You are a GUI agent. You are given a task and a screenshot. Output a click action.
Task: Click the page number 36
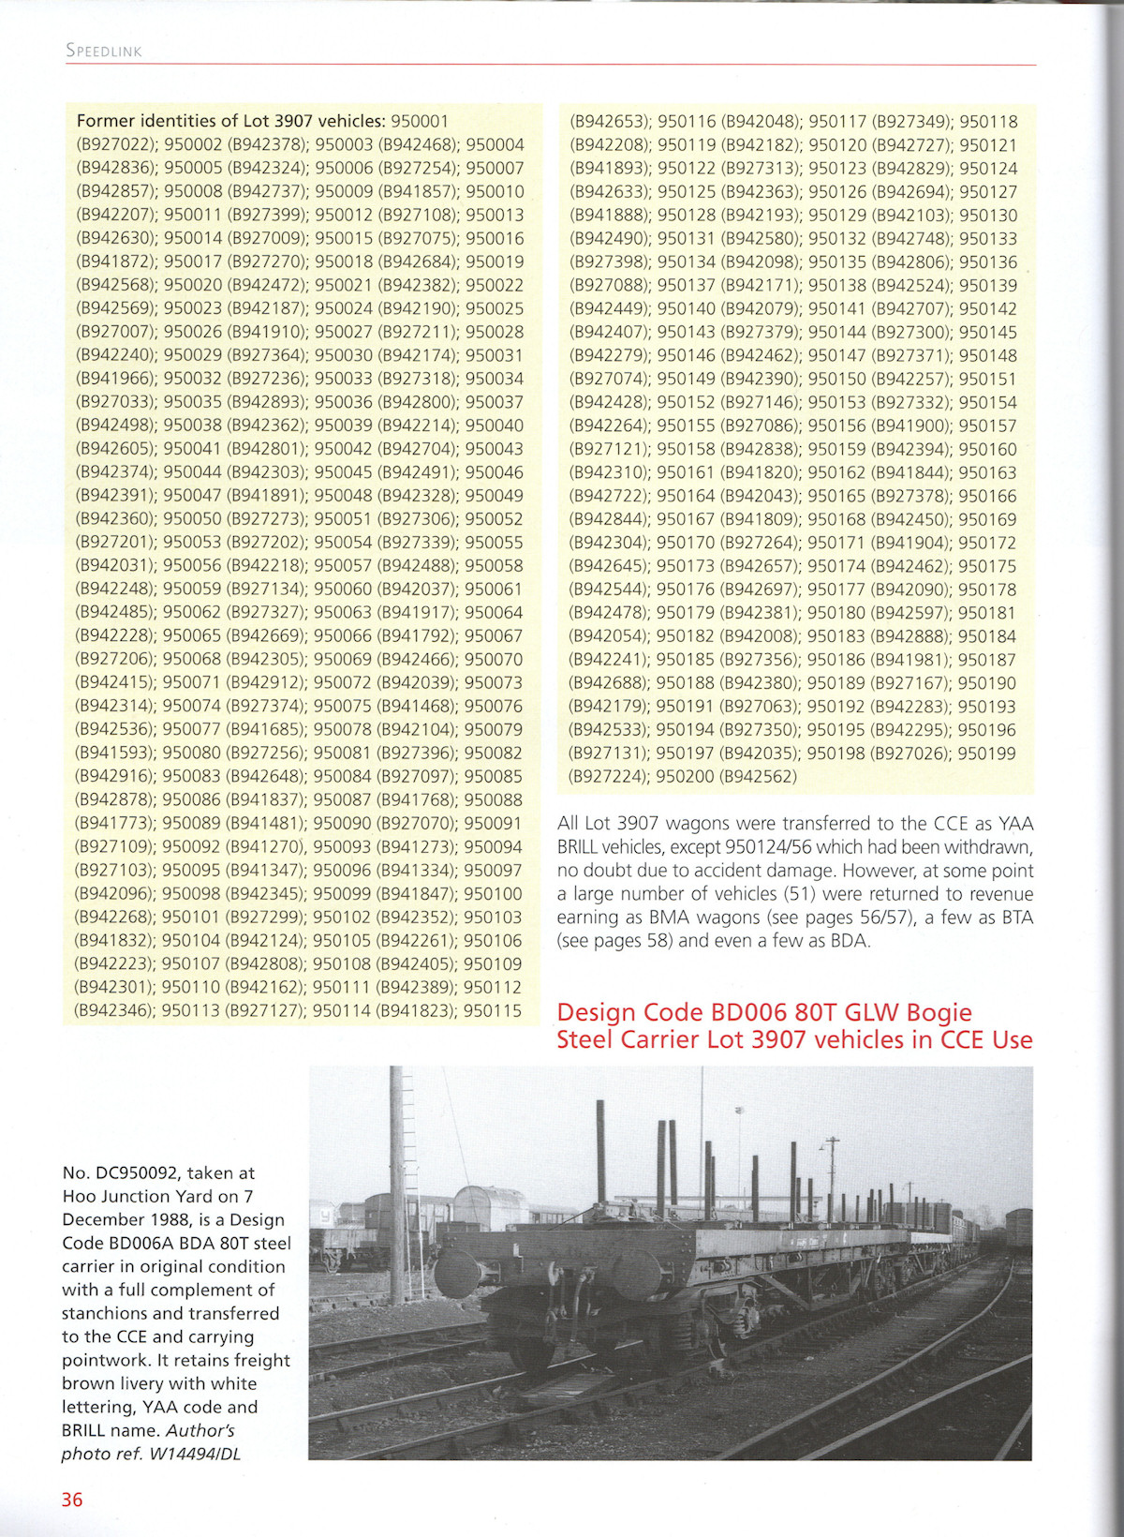click(72, 1500)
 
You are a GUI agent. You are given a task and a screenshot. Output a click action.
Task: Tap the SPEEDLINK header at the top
click(104, 51)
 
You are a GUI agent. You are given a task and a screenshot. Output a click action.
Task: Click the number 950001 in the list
click(420, 121)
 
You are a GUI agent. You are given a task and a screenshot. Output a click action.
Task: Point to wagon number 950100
click(493, 894)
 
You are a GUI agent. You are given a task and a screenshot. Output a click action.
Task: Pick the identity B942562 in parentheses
click(761, 777)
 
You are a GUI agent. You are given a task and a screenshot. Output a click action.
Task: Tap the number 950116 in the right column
click(687, 121)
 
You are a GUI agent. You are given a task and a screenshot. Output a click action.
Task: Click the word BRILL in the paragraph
click(582, 847)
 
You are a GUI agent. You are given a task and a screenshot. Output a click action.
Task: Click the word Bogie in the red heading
click(933, 1012)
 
